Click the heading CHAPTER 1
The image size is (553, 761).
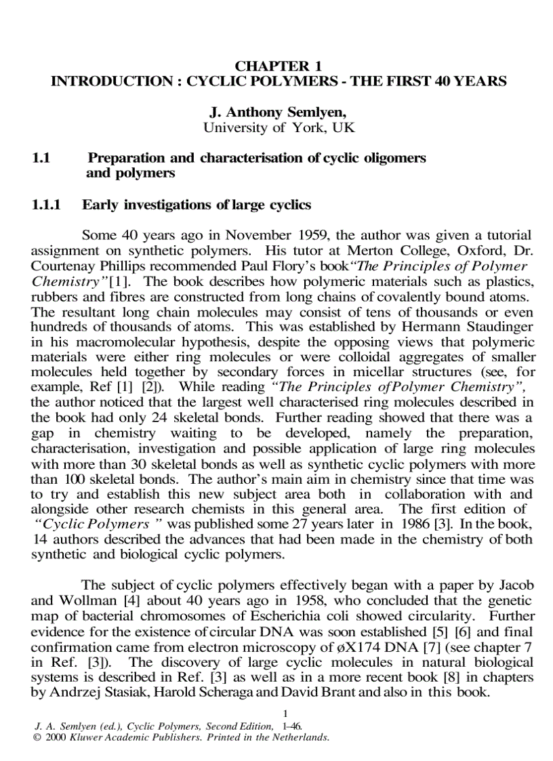[278, 66]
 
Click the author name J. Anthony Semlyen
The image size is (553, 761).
[279, 112]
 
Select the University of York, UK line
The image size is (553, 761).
[279, 127]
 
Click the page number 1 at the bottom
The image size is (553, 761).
[286, 713]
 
